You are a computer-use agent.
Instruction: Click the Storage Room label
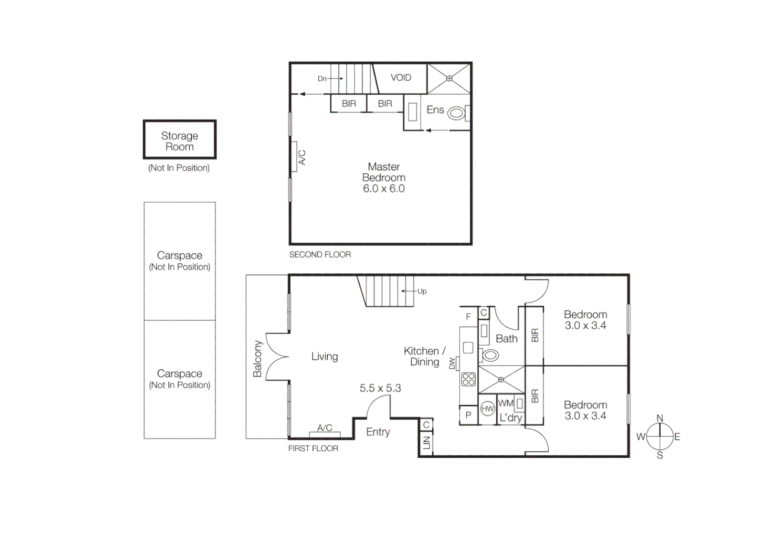pos(179,141)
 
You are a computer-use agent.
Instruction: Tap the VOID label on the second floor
pos(400,78)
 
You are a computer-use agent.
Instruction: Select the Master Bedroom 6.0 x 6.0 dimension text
pos(383,189)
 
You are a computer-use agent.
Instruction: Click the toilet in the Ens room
pos(456,113)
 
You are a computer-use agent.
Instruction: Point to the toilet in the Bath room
pos(490,355)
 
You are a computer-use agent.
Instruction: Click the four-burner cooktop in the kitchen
pos(468,379)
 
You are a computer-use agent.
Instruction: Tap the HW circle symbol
pos(487,409)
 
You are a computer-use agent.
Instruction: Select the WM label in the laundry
pos(505,403)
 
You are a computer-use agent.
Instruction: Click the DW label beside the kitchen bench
pos(452,364)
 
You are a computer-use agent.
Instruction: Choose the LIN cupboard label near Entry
pos(426,442)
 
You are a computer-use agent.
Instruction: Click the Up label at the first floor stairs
pos(422,291)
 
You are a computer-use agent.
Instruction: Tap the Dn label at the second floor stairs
pos(322,79)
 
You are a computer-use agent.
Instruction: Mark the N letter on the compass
pos(659,418)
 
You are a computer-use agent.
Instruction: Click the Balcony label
pos(257,359)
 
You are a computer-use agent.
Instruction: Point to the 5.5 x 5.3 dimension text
pos(380,388)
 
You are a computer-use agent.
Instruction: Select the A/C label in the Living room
pos(324,427)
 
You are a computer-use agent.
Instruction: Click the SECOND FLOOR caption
pos(320,255)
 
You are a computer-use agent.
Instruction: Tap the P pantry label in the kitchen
pos(468,415)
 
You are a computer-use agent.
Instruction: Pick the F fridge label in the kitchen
pos(468,317)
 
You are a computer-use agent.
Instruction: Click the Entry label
pos(378,432)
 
